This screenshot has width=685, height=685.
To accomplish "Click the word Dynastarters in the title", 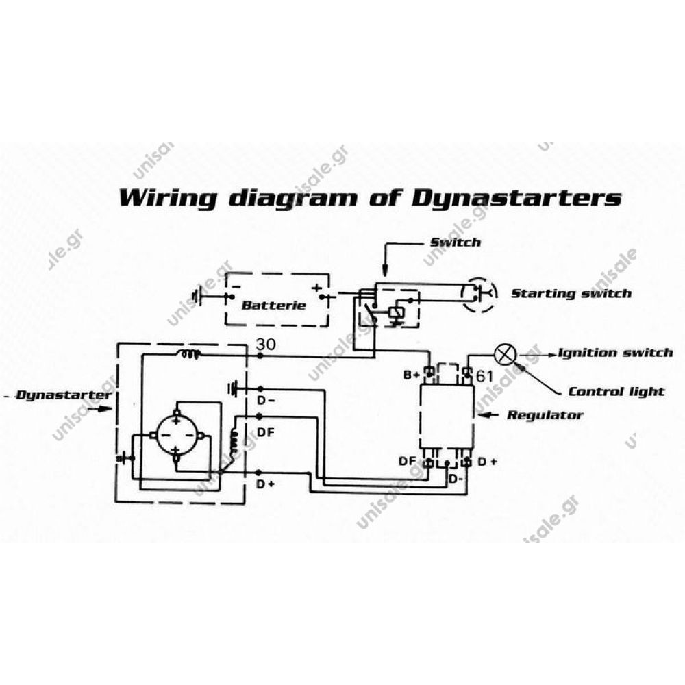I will point(518,198).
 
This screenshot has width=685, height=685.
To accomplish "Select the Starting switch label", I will point(571,293).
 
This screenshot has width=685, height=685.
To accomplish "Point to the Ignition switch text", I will point(615,353).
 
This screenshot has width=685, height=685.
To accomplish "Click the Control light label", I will point(616,391).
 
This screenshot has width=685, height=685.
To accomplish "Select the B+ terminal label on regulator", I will point(411,375).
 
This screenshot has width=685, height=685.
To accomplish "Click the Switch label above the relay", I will point(455,242).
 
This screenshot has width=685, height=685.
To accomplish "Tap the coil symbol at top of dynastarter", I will point(188,354).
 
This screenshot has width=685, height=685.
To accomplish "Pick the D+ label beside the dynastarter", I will point(265,484).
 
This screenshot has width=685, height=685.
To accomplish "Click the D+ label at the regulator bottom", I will point(487,462).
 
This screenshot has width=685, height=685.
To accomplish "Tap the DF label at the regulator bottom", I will point(407,462).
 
